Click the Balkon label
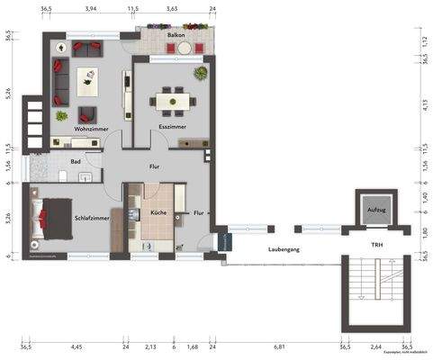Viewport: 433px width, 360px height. [176, 35]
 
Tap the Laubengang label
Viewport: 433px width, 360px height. [284, 248]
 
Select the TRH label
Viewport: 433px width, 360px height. [375, 244]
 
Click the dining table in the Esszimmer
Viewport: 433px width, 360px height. [172, 102]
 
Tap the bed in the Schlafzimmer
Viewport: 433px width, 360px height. [50, 219]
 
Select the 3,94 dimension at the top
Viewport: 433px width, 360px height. [91, 8]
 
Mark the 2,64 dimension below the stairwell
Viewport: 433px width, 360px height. [376, 346]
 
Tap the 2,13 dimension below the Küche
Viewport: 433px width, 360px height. [150, 346]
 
